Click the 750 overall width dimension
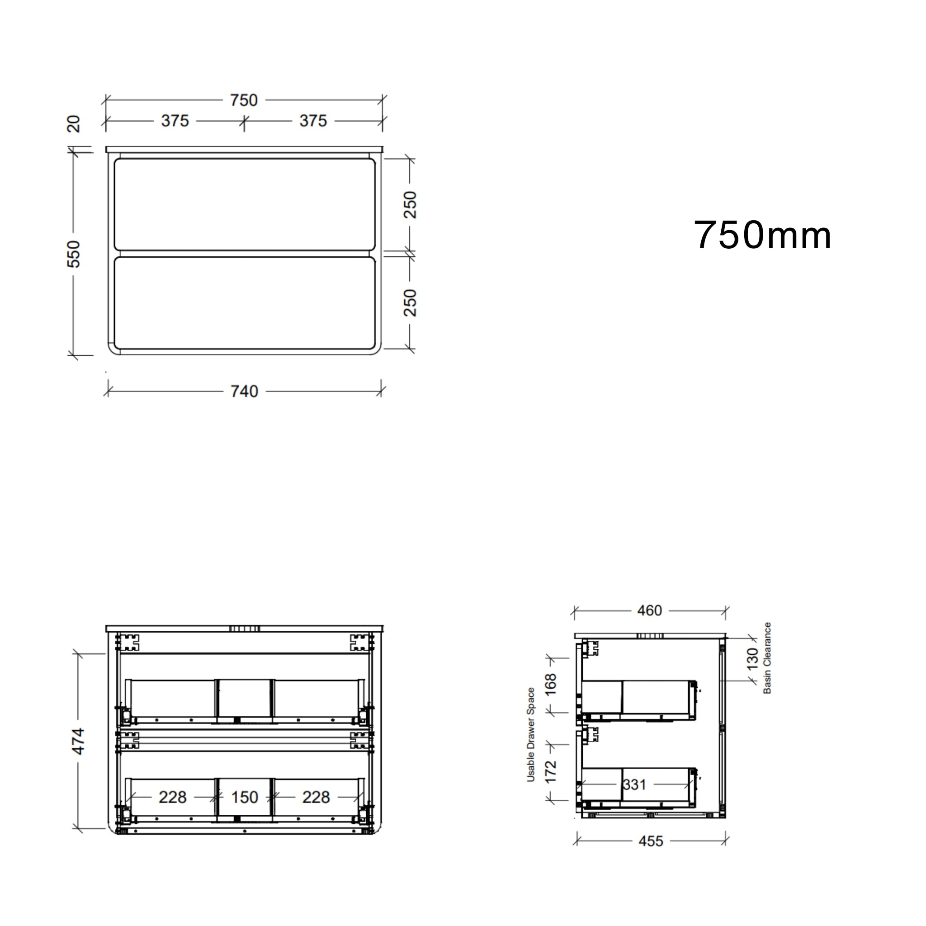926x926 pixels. click(x=244, y=100)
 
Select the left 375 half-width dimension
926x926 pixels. click(x=175, y=121)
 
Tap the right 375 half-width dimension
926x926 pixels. click(x=313, y=121)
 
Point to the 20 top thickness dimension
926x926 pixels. click(x=73, y=123)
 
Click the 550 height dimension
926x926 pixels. click(x=73, y=254)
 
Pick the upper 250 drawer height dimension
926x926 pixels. click(x=410, y=205)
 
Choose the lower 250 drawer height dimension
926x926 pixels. click(x=410, y=302)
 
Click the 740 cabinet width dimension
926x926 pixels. click(x=244, y=392)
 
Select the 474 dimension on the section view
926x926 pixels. click(x=78, y=741)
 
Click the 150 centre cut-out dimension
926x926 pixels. click(x=245, y=797)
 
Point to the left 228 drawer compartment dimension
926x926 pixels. click(x=173, y=797)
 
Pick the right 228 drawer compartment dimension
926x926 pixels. click(x=316, y=797)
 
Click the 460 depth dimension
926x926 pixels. click(x=649, y=610)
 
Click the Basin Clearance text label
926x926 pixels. click(x=767, y=657)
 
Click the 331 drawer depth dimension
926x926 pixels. click(x=634, y=784)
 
